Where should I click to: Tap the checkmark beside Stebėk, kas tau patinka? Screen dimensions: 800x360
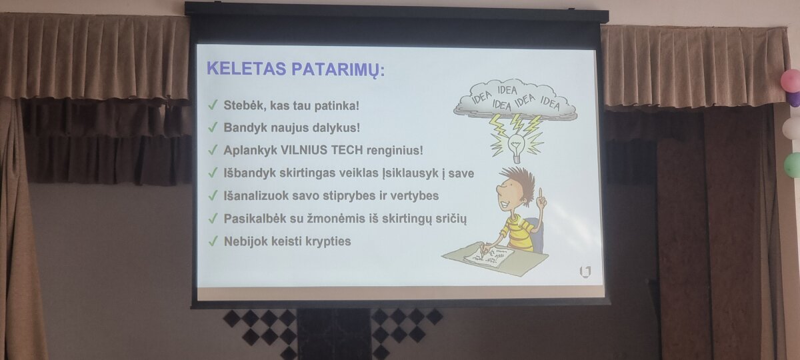(213, 105)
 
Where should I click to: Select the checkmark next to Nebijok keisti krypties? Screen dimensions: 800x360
(213, 241)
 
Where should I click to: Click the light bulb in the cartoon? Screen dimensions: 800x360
(516, 147)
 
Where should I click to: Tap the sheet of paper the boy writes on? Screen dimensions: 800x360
(489, 258)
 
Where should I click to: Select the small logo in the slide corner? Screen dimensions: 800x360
(585, 271)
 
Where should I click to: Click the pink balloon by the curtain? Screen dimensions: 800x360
(791, 81)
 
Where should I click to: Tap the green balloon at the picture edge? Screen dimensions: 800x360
(793, 164)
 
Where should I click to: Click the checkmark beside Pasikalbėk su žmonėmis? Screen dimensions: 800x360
(213, 218)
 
